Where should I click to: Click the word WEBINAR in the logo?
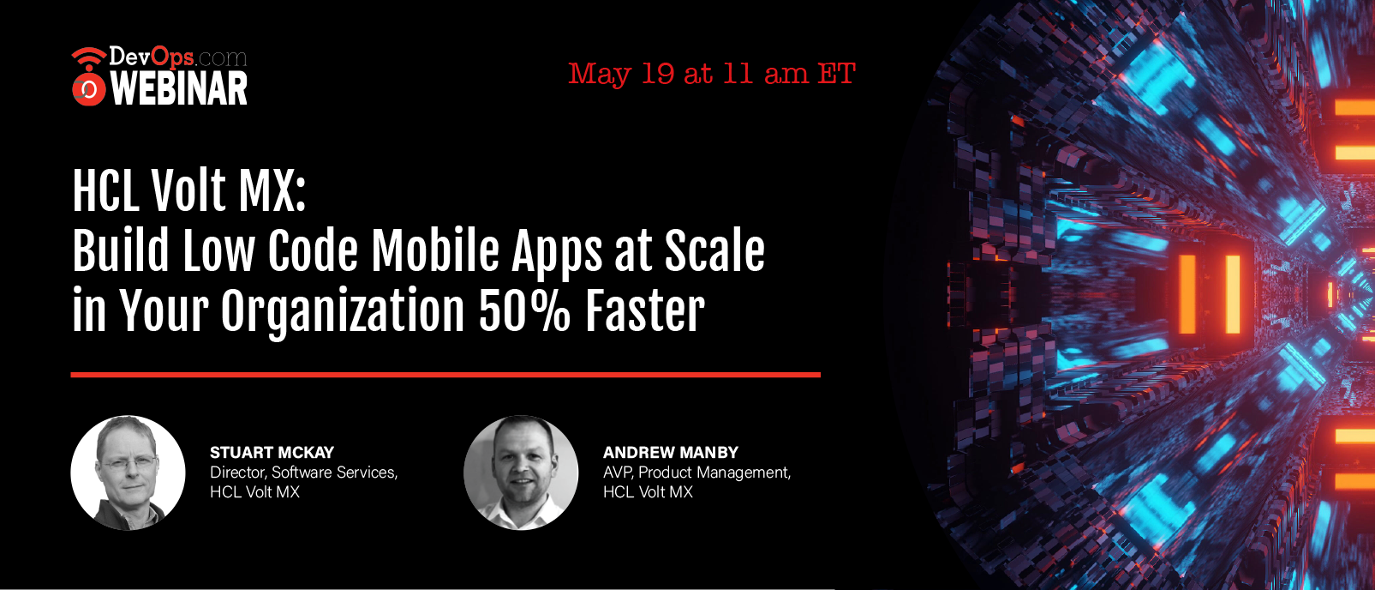pos(179,88)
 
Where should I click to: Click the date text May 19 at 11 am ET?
pos(711,75)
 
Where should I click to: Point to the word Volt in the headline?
pos(188,191)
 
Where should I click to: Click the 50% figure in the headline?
pos(524,310)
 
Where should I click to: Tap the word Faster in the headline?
pos(644,310)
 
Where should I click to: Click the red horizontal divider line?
pos(445,374)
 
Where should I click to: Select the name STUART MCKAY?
pos(272,452)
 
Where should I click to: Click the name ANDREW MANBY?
pos(670,452)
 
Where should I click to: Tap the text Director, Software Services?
pos(304,473)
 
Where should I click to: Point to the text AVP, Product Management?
pos(696,473)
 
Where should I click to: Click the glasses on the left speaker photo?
pos(129,461)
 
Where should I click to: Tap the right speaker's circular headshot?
pos(521,473)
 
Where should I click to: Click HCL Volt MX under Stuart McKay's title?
pos(254,492)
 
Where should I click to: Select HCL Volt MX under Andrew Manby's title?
pos(648,492)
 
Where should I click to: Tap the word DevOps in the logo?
pos(152,57)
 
